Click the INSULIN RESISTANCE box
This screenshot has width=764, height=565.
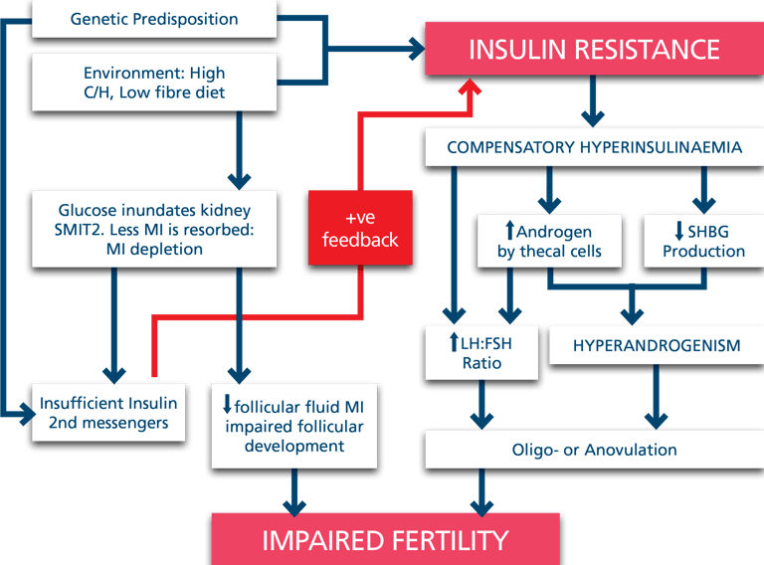(594, 49)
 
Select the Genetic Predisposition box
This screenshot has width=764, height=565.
(154, 19)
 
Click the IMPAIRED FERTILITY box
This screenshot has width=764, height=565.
(385, 540)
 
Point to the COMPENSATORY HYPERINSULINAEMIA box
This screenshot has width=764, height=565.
(594, 147)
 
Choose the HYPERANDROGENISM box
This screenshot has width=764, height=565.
(656, 345)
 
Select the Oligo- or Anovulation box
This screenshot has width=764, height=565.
(594, 450)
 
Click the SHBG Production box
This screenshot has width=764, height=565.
(702, 240)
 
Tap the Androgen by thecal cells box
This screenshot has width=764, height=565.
(549, 240)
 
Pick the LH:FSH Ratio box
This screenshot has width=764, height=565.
(481, 352)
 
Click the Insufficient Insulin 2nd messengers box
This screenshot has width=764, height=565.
(108, 413)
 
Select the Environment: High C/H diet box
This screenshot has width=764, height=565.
(154, 83)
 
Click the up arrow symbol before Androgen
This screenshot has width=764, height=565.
(509, 231)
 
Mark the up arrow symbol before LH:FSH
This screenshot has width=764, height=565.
(453, 343)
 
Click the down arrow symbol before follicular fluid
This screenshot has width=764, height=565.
(227, 406)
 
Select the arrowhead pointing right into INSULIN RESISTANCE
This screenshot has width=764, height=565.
(414, 48)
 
